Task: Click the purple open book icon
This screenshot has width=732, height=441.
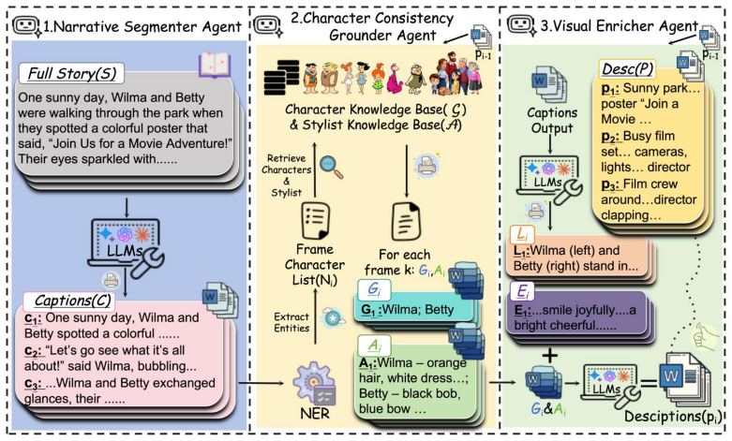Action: point(215,65)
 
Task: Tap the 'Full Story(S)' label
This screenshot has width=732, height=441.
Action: point(72,73)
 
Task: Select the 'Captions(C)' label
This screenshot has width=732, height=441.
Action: point(72,301)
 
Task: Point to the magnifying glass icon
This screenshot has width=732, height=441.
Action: point(332,168)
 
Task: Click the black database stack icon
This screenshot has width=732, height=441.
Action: point(281,78)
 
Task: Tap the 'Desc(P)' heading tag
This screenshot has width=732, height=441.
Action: point(627,69)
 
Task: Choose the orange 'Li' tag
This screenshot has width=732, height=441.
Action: point(522,234)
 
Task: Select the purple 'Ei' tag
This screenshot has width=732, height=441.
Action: point(522,291)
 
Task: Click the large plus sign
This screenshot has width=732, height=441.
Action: point(549,357)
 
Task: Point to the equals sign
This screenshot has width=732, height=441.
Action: point(649,384)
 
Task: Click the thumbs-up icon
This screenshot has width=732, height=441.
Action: point(704,336)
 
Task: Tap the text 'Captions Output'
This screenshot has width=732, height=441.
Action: point(552,120)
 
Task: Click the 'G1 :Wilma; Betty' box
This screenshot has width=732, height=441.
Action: point(413,310)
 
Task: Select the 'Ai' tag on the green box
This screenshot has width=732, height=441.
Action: point(374,345)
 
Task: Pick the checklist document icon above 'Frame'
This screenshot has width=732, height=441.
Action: point(315,221)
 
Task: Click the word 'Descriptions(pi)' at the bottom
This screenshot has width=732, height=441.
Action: point(673,416)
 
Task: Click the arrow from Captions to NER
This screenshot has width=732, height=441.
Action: point(261,383)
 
